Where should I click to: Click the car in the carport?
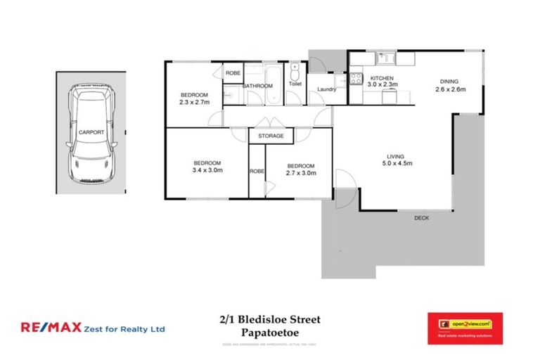(x=92, y=133)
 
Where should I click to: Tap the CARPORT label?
(x=91, y=131)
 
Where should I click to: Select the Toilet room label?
(x=295, y=84)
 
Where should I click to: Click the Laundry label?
(x=327, y=89)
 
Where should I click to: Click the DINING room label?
(x=450, y=81)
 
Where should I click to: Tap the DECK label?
(x=421, y=218)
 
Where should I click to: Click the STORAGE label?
(x=271, y=136)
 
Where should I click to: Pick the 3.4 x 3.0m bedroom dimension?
(x=207, y=169)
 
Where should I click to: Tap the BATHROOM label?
(x=257, y=86)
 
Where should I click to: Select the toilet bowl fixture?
(x=295, y=71)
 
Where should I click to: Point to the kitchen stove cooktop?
(x=356, y=78)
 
